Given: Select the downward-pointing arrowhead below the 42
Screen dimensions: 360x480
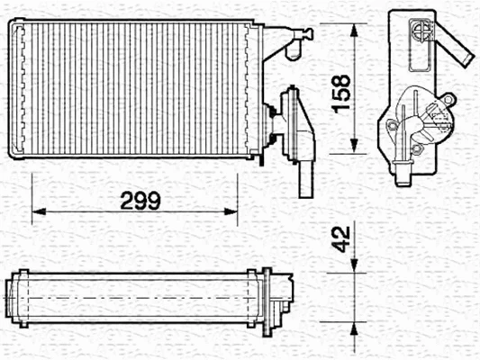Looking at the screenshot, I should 357,262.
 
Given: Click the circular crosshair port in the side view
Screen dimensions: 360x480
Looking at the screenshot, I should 421,32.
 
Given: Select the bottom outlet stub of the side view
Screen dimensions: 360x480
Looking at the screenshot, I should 401,171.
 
